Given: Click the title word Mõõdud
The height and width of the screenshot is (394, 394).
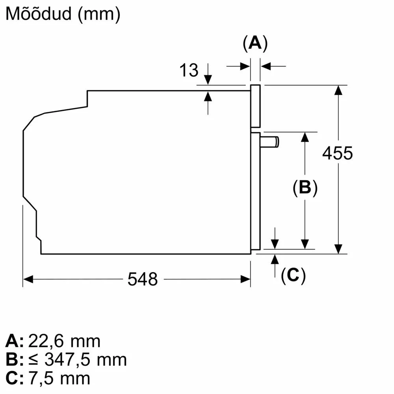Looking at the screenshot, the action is pyautogui.click(x=39, y=13).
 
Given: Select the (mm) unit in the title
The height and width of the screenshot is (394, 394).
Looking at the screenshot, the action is pyautogui.click(x=99, y=14).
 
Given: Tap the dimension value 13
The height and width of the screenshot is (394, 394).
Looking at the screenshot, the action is pyautogui.click(x=189, y=70).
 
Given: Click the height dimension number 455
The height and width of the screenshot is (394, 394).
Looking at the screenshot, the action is pyautogui.click(x=338, y=153).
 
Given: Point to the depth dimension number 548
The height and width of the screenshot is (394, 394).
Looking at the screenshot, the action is pyautogui.click(x=143, y=279).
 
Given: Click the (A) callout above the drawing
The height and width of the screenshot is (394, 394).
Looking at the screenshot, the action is pyautogui.click(x=255, y=43).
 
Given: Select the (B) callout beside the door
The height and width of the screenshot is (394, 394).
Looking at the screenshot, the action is pyautogui.click(x=305, y=188).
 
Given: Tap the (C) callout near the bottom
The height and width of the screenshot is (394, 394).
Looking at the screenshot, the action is pyautogui.click(x=293, y=275).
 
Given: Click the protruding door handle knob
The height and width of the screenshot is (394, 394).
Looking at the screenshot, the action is pyautogui.click(x=269, y=141).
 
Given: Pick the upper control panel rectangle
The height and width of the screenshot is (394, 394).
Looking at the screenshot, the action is pyautogui.click(x=255, y=106).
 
